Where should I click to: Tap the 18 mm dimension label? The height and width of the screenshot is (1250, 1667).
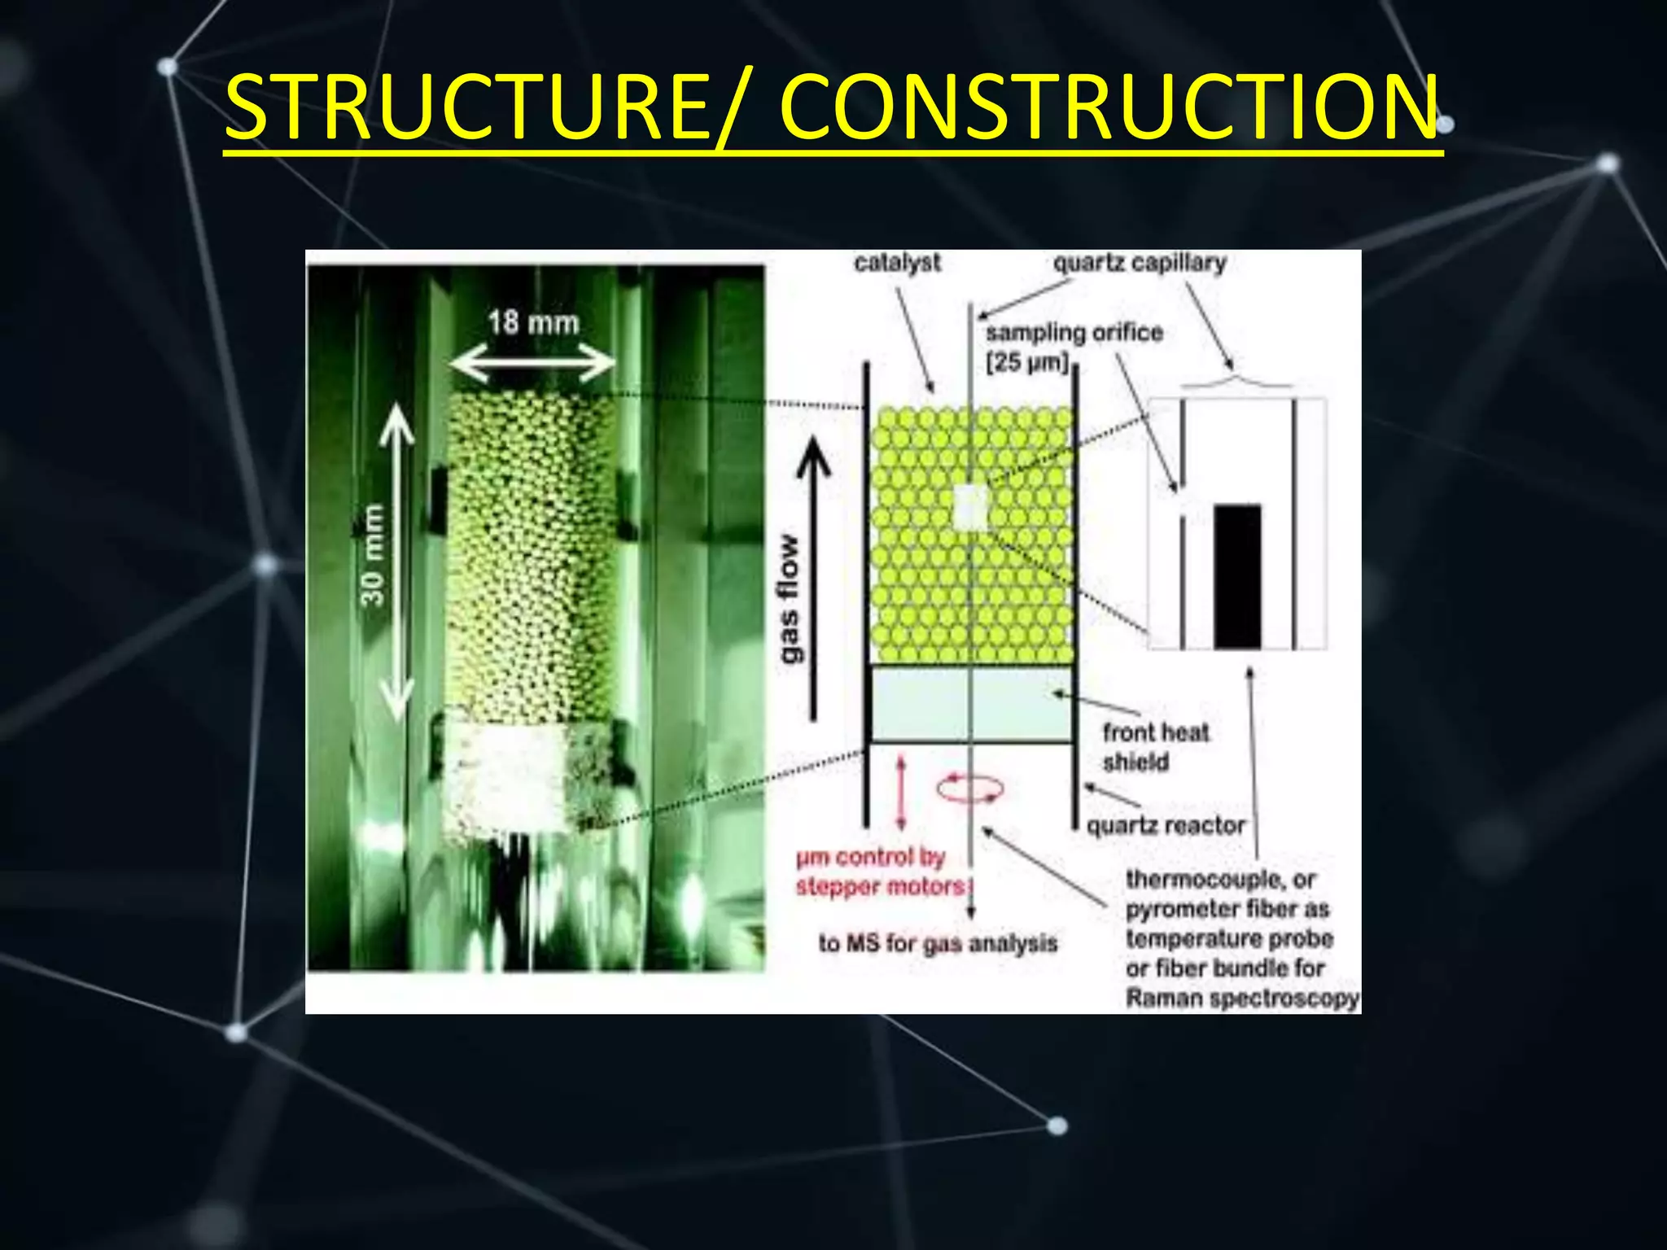point(533,323)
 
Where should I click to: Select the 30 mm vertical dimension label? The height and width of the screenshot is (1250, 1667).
point(372,555)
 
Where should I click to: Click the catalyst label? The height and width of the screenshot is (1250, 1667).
point(897,263)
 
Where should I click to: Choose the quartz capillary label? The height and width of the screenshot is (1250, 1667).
point(1140,263)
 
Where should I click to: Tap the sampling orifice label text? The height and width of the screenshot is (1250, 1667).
point(1074,333)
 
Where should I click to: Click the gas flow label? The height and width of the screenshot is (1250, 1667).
point(789,598)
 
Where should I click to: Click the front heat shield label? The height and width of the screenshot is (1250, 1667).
point(1156,746)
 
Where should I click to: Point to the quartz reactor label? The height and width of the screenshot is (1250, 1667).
point(1166,826)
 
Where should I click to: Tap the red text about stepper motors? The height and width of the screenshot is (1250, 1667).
point(882,872)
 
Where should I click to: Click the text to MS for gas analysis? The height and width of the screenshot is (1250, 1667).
point(938,943)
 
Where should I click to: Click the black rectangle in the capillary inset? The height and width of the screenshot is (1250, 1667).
point(1237,576)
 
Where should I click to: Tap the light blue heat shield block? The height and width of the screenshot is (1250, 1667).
point(971,704)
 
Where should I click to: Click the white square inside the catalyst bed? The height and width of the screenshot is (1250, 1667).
point(969,507)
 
